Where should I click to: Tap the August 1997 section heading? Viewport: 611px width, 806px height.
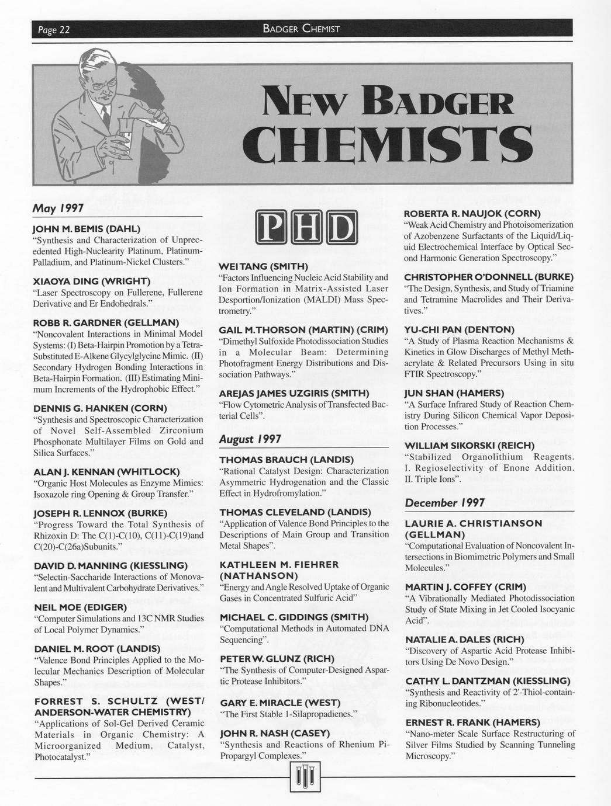[x=250, y=439]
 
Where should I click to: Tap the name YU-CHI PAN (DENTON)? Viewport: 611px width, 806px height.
[x=459, y=329]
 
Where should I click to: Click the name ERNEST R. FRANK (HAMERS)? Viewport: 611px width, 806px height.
[x=472, y=722]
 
